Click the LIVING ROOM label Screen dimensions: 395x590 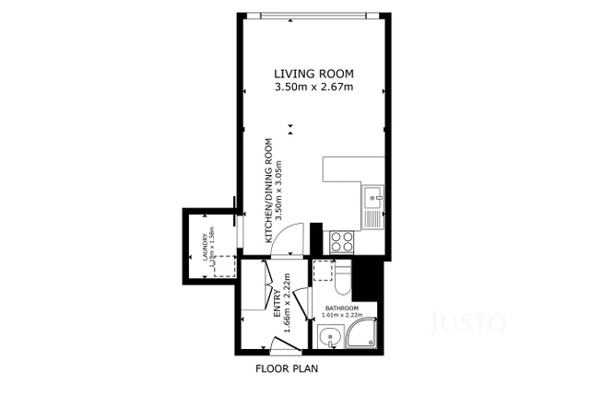[314, 74]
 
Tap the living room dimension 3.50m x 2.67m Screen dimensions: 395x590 [314, 87]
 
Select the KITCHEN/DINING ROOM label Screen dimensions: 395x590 [269, 191]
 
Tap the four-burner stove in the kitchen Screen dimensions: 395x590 [342, 241]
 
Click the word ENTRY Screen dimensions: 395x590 [277, 305]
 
